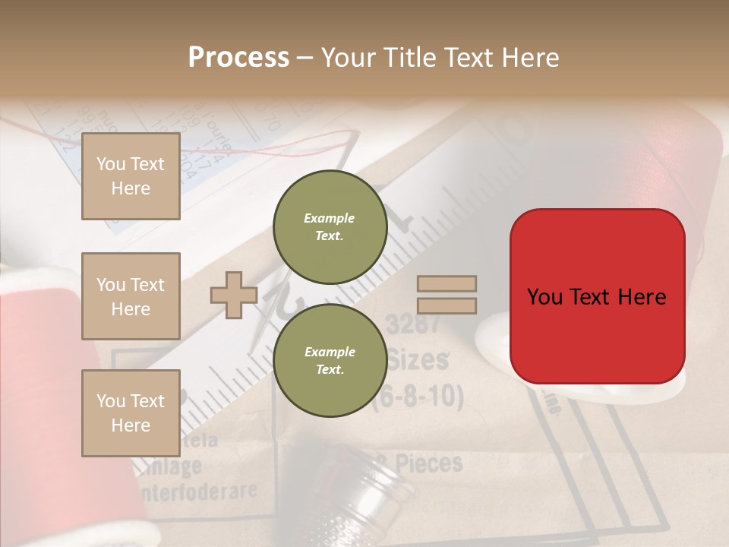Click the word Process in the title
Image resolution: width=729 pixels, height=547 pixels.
point(238,58)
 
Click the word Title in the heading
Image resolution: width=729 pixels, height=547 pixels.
point(411,58)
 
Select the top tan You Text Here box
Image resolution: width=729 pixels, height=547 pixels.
point(131,176)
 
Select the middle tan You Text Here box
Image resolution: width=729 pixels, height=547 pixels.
point(131,296)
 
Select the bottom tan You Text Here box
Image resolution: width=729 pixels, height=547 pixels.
point(131,413)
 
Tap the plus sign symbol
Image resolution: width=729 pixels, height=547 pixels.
point(233,295)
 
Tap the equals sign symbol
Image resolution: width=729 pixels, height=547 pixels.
point(447,295)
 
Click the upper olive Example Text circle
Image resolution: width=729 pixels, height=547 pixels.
point(330,227)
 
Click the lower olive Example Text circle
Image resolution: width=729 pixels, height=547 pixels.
point(330,361)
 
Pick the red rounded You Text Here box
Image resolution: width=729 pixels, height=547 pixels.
point(597,296)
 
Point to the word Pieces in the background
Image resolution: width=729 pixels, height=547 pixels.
point(429,463)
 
